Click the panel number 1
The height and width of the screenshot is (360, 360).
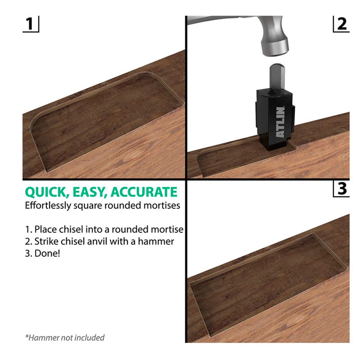(x=30, y=24)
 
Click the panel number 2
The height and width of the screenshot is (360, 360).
(x=342, y=24)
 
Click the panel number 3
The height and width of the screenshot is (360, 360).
(x=342, y=189)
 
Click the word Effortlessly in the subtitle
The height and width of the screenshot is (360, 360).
(x=48, y=206)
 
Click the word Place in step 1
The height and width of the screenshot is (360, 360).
(x=46, y=229)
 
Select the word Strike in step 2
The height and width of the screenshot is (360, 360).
(x=46, y=241)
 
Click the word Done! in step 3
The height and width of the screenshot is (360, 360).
(x=47, y=254)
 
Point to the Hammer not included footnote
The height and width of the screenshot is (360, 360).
(x=65, y=338)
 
